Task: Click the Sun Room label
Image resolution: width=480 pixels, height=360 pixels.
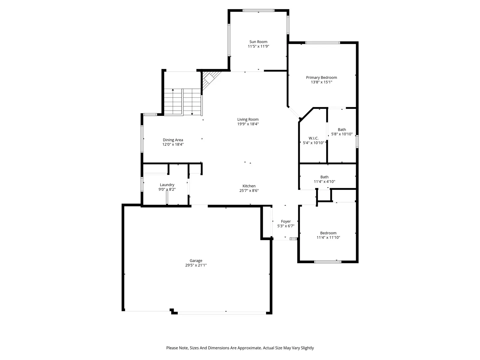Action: pyautogui.click(x=258, y=42)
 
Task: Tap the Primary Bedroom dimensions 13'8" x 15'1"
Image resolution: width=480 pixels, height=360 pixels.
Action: pyautogui.click(x=321, y=82)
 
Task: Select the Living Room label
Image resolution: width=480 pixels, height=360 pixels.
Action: pyautogui.click(x=248, y=119)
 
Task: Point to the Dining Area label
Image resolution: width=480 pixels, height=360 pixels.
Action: pyautogui.click(x=173, y=140)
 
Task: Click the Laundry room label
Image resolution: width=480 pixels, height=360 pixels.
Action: pyautogui.click(x=167, y=185)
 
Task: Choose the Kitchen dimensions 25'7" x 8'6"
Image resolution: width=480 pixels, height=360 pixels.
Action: pyautogui.click(x=249, y=190)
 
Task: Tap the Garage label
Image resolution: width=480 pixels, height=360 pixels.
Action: pyautogui.click(x=196, y=261)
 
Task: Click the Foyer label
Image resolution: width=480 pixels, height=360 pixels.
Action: pyautogui.click(x=286, y=221)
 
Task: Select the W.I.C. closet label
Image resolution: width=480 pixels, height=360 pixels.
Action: pyautogui.click(x=313, y=138)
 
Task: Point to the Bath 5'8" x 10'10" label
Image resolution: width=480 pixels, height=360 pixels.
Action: pyautogui.click(x=342, y=130)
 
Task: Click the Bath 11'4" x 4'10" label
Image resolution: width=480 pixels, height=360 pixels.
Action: pyautogui.click(x=324, y=177)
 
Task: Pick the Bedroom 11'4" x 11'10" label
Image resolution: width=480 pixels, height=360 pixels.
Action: pyautogui.click(x=328, y=233)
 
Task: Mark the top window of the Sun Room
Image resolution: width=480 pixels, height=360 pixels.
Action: pyautogui.click(x=258, y=10)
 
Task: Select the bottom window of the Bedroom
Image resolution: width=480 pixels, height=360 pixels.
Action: pyautogui.click(x=328, y=262)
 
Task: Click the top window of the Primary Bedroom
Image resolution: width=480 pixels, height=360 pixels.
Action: pyautogui.click(x=322, y=43)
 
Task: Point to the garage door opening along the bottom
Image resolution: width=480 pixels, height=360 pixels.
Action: pyautogui.click(x=222, y=313)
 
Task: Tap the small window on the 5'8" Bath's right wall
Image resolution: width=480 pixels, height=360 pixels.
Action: pyautogui.click(x=357, y=141)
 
